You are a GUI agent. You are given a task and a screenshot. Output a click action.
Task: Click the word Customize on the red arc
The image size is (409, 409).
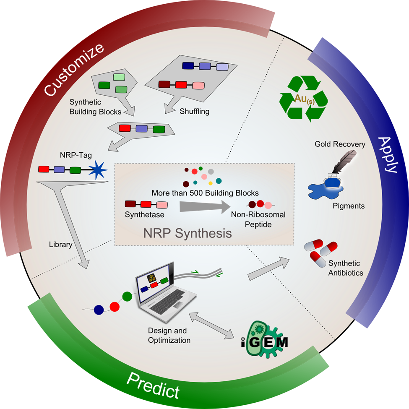tap(74, 69)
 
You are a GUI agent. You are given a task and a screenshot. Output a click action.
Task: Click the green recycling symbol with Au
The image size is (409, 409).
tap(305, 99)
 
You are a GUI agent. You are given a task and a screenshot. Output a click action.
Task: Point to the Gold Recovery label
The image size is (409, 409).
tap(340, 144)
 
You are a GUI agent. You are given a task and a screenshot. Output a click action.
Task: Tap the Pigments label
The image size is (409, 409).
tap(349, 206)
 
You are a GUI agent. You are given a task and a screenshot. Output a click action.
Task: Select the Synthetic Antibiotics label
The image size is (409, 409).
tap(344, 268)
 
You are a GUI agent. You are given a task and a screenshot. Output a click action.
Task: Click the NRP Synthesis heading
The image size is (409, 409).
tap(188, 233)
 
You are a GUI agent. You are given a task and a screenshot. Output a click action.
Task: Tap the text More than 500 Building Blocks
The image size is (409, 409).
tap(205, 193)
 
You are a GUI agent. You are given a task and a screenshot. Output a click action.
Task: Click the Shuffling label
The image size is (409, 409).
tap(194, 112)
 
